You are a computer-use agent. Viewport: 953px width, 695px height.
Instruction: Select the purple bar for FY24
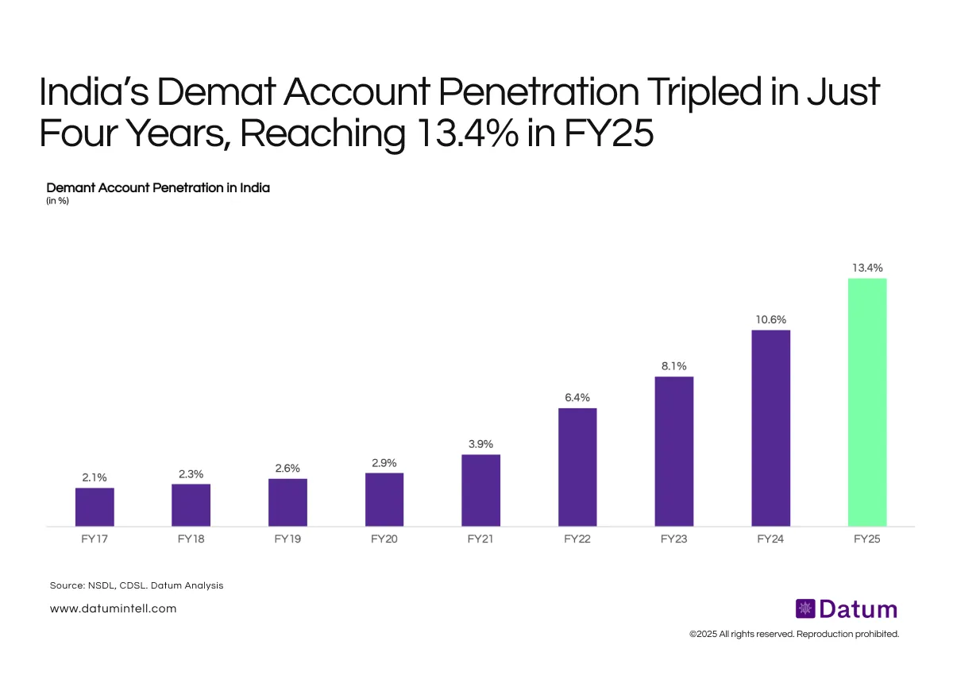click(770, 428)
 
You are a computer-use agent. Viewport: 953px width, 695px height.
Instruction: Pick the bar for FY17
click(95, 507)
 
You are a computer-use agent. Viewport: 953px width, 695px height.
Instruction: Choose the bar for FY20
click(384, 500)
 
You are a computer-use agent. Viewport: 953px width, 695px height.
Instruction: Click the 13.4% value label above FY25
click(867, 268)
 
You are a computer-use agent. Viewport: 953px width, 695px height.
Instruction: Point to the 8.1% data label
click(673, 366)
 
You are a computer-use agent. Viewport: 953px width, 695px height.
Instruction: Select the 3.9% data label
click(480, 444)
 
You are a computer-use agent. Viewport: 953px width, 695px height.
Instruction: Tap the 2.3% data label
click(191, 473)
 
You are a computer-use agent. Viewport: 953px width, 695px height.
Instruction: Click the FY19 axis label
click(287, 539)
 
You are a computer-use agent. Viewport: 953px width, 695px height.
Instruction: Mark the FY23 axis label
click(673, 539)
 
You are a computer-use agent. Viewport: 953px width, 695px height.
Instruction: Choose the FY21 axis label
click(480, 539)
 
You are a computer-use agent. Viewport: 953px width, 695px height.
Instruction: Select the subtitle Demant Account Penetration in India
click(158, 188)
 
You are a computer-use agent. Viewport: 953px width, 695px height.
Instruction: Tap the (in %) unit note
click(59, 200)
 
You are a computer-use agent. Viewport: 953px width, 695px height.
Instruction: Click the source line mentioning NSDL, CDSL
click(136, 585)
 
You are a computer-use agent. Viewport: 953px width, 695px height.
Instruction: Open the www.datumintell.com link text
click(113, 608)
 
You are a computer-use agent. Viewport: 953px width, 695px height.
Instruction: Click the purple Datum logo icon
click(805, 609)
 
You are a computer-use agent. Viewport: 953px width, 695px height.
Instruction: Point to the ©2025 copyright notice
click(793, 634)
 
